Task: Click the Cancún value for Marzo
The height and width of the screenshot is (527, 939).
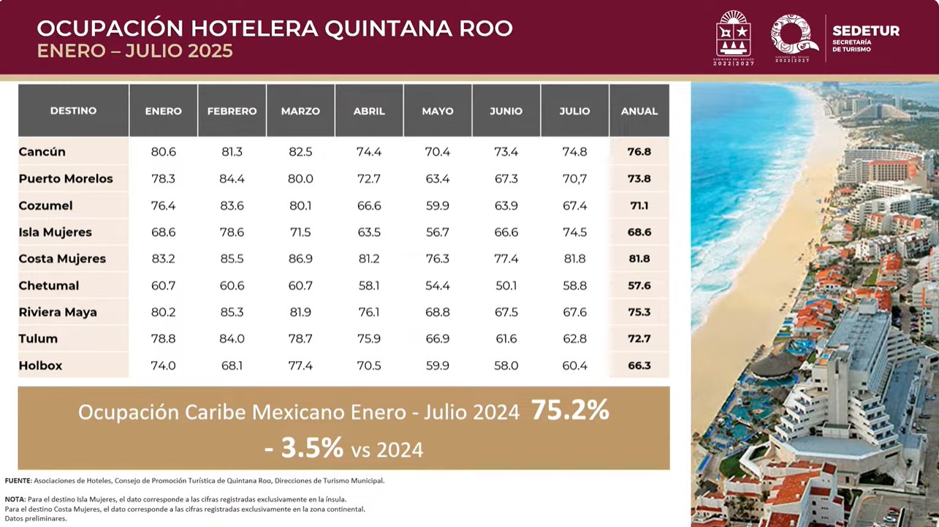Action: [x=300, y=152]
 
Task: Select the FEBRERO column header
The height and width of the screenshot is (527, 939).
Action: [x=232, y=111]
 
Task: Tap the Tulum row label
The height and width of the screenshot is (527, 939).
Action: [x=38, y=339]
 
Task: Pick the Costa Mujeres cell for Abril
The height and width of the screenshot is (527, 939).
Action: [x=369, y=259]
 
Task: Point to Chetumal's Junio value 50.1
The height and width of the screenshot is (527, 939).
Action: [x=506, y=286]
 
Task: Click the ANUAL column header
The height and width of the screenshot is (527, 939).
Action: [x=639, y=111]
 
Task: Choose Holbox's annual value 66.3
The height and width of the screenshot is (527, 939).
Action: [x=639, y=365]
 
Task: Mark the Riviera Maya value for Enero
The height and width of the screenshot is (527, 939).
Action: [x=163, y=312]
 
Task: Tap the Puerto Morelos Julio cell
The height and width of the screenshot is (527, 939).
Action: [x=574, y=179]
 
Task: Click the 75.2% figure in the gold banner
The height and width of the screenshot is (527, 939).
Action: [x=570, y=411]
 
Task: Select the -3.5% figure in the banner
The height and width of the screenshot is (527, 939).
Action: [x=303, y=448]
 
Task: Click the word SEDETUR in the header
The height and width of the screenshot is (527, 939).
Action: [x=866, y=31]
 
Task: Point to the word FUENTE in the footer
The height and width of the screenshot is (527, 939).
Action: [x=18, y=481]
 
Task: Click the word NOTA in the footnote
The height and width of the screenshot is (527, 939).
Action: [x=15, y=499]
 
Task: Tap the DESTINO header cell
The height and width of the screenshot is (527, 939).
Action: [x=73, y=111]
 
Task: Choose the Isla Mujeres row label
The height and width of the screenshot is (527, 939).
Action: [x=56, y=232]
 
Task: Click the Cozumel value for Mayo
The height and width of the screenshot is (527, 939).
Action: [x=437, y=206]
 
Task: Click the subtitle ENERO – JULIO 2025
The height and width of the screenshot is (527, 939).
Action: [x=135, y=51]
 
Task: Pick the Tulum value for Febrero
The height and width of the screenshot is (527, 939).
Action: [x=232, y=339]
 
